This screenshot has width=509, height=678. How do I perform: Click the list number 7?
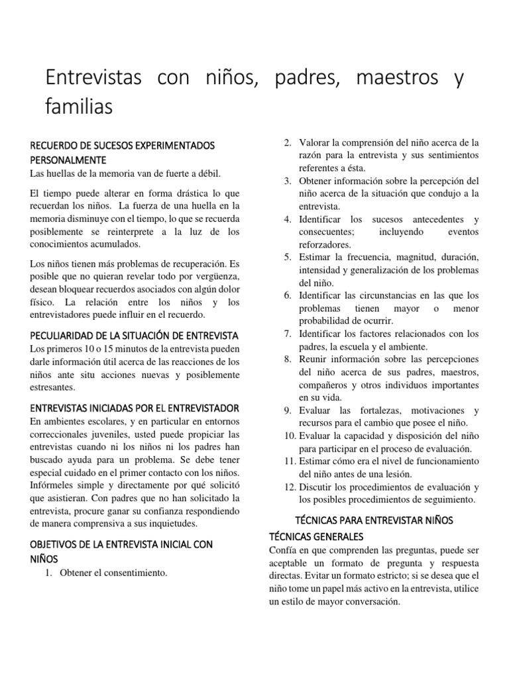coord(288,333)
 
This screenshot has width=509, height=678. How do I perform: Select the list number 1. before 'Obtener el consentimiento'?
coord(49,573)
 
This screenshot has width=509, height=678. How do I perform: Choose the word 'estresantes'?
coord(53,387)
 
